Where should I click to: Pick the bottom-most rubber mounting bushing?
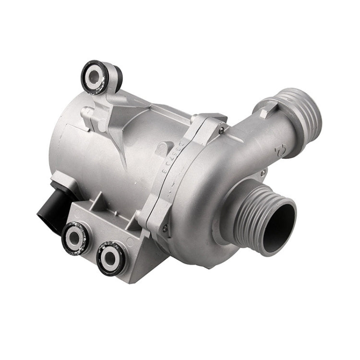click(x=111, y=259)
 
